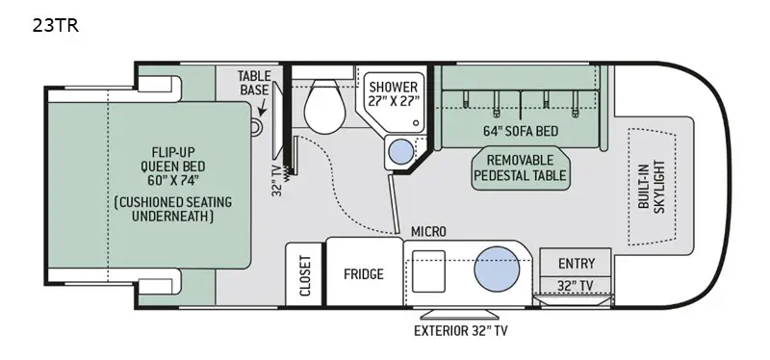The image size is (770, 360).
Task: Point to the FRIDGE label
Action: [x=364, y=274]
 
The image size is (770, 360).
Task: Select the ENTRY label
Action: [x=577, y=264]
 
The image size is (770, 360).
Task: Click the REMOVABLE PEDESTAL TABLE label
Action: [x=520, y=168]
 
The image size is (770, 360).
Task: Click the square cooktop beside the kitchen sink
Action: [x=429, y=267]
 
